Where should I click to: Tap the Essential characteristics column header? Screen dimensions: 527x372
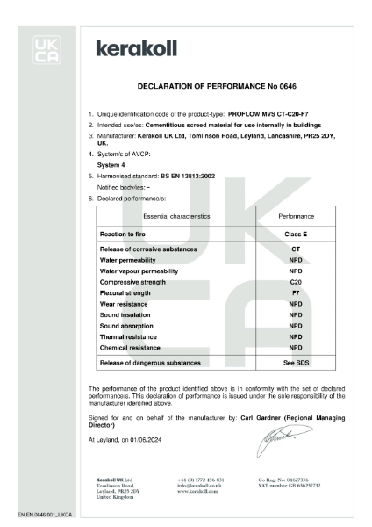pyautogui.click(x=158, y=215)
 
